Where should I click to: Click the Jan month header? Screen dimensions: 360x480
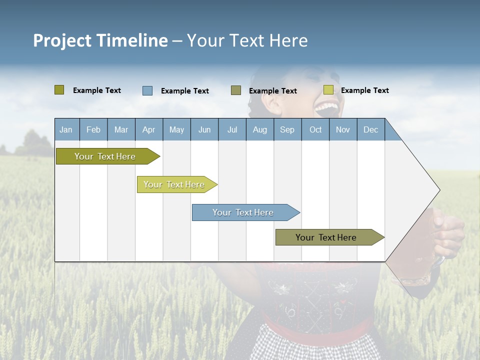click(66, 129)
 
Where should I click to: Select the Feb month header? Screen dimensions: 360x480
click(93, 129)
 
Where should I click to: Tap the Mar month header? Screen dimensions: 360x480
click(121, 129)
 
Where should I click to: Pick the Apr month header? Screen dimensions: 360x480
click(149, 129)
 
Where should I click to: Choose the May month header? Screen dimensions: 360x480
click(176, 129)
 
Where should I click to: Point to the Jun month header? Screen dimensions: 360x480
click(204, 129)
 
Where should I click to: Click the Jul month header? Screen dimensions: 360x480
click(232, 129)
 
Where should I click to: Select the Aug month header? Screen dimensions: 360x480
click(260, 129)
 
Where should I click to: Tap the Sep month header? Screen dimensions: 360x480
click(287, 129)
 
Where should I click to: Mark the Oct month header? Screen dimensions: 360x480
click(315, 129)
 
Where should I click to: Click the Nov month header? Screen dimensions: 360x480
click(343, 129)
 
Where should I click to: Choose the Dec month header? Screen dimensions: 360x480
click(371, 129)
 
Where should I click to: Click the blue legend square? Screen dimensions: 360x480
click(147, 90)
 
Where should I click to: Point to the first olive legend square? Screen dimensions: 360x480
click(59, 90)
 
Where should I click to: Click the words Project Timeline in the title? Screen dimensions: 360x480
click(100, 40)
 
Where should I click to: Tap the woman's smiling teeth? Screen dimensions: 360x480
click(327, 106)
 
